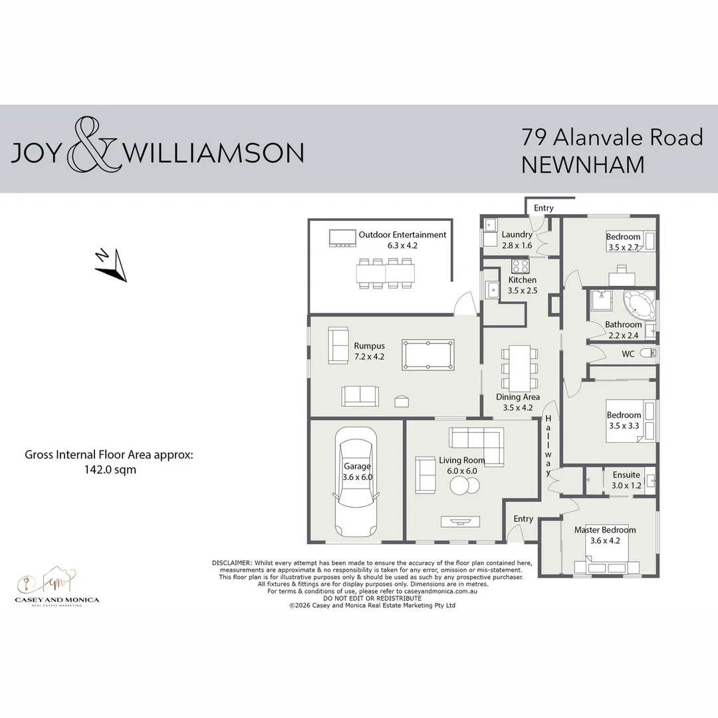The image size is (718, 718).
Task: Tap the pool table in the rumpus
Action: pyautogui.click(x=428, y=354)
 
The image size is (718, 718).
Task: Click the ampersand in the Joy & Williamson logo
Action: pyautogui.click(x=93, y=146)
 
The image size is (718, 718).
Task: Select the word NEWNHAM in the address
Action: pyautogui.click(x=582, y=164)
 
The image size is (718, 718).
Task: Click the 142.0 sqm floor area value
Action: pyautogui.click(x=108, y=469)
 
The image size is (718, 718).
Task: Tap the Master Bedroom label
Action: pyautogui.click(x=605, y=530)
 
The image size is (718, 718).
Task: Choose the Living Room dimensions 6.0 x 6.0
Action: pyautogui.click(x=461, y=470)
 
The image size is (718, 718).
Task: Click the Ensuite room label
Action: pyautogui.click(x=626, y=475)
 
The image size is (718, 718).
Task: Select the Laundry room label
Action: pyautogui.click(x=517, y=235)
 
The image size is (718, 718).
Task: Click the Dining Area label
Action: pyautogui.click(x=518, y=398)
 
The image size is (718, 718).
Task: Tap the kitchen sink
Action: pyautogui.click(x=493, y=290)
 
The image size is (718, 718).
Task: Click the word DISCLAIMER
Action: pyautogui.click(x=231, y=563)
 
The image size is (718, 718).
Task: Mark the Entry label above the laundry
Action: pyautogui.click(x=543, y=208)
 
